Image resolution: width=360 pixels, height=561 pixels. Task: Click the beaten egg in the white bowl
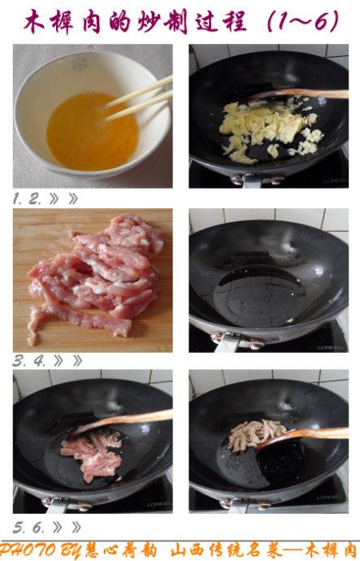click(x=92, y=131)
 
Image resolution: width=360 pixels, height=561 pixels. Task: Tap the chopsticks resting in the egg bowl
click(x=135, y=99)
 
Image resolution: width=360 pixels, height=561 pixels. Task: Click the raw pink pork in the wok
click(x=92, y=454)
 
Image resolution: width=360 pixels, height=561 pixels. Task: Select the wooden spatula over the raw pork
click(x=122, y=421)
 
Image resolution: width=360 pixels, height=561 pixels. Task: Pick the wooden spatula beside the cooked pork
click(x=304, y=437)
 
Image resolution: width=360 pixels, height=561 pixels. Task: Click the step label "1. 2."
click(x=27, y=199)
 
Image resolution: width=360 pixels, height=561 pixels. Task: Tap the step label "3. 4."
click(x=29, y=361)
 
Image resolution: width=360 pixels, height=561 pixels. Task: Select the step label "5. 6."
click(x=28, y=528)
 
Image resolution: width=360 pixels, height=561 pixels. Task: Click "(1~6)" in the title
click(x=303, y=21)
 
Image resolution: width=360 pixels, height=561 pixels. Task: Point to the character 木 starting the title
click(x=34, y=21)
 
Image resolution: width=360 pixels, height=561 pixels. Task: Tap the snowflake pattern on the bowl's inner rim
click(x=80, y=64)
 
